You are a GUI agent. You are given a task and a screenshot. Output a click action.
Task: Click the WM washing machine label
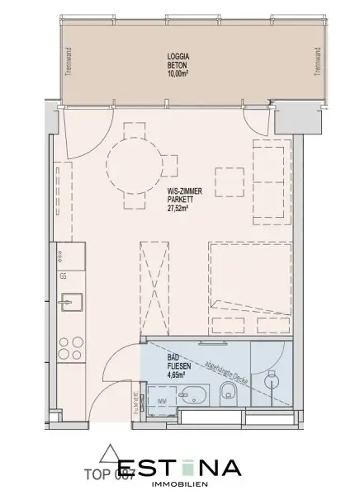tap(162, 402)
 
